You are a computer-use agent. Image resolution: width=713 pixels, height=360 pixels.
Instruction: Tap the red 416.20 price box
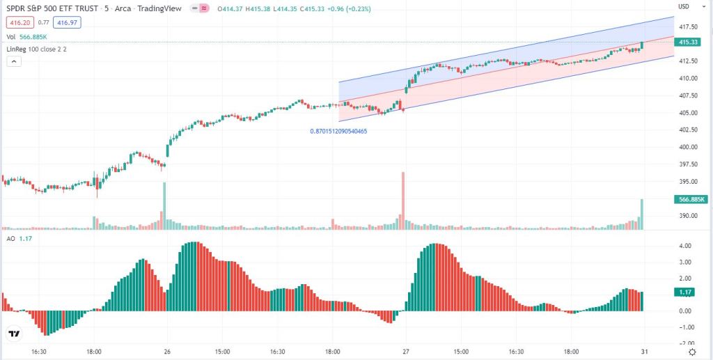tap(17, 22)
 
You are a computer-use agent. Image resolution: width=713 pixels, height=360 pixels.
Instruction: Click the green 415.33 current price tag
tap(687, 42)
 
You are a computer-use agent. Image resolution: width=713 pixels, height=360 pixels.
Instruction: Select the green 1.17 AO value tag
tap(687, 292)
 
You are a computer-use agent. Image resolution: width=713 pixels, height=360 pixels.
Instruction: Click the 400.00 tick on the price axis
tap(688, 147)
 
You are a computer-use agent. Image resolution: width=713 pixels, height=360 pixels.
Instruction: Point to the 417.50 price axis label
tap(688, 26)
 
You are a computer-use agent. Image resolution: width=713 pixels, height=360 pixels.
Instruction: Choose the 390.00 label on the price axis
tap(688, 216)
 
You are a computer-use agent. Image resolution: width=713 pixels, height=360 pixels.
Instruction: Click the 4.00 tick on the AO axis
tap(684, 246)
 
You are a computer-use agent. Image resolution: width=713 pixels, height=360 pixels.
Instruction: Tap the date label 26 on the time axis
tap(166, 352)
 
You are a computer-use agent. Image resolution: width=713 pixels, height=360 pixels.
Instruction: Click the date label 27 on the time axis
tap(405, 352)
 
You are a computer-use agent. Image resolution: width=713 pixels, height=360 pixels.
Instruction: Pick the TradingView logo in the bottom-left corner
tap(13, 334)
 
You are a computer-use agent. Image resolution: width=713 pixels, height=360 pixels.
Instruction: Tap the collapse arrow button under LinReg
tap(13, 62)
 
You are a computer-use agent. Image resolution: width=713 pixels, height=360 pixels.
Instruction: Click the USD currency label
tap(684, 7)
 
